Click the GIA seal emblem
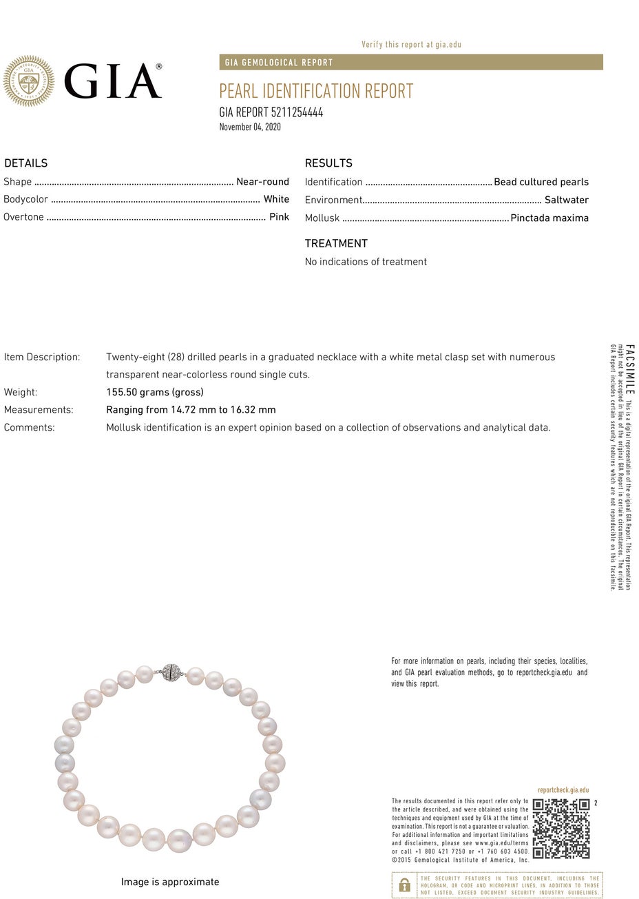point(28,81)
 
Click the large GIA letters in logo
point(113,81)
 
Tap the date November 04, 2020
point(250,127)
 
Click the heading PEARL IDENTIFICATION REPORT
point(316,91)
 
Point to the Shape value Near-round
point(262,182)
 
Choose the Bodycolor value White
point(276,199)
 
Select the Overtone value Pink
point(279,217)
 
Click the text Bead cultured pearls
point(541,182)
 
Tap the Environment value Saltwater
point(566,200)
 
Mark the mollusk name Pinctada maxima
point(549,218)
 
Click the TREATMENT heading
point(336,243)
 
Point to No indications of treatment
point(366,262)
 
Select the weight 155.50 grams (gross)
point(155,392)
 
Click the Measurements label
point(39,410)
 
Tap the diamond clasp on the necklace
point(170,672)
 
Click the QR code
point(561,828)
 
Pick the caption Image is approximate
point(170,882)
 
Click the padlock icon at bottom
point(404,885)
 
